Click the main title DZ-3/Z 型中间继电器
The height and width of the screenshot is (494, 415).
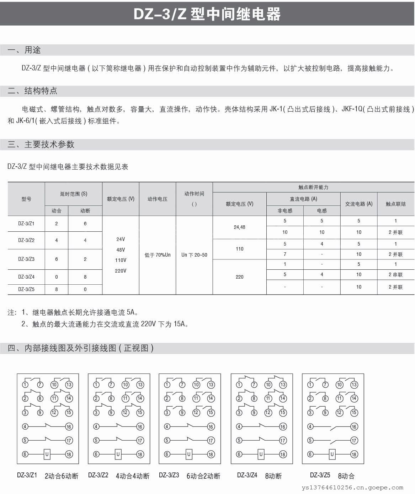pos(207,14)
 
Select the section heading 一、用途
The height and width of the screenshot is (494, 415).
pos(24,50)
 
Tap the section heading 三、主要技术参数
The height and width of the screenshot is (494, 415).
pos(41,144)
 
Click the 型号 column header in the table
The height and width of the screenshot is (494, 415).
pos(26,199)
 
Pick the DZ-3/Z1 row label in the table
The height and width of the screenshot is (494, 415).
pos(26,224)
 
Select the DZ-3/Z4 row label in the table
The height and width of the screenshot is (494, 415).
pos(26,276)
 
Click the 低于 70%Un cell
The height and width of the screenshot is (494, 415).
pos(158,255)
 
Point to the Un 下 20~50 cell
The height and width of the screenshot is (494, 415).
pos(194,255)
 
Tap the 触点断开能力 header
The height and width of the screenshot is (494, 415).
pos(313,187)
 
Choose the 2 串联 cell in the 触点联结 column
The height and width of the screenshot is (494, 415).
pos(395,275)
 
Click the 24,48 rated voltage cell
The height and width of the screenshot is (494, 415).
pos(239,227)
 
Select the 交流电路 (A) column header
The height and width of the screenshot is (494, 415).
pos(358,204)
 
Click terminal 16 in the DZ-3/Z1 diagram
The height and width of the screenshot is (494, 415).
pos(69,426)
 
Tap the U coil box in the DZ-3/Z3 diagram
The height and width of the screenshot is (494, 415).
pos(189,454)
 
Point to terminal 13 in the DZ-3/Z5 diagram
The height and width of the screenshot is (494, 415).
pos(354,385)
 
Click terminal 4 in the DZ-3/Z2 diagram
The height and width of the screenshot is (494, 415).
pos(96,426)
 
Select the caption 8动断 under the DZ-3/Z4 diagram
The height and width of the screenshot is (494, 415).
pos(273,476)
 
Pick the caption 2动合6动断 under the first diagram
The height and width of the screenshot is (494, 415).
pos(61,476)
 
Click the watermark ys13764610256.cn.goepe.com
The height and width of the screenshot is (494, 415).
pos(357,487)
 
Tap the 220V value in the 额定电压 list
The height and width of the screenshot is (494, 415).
pos(121,271)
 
